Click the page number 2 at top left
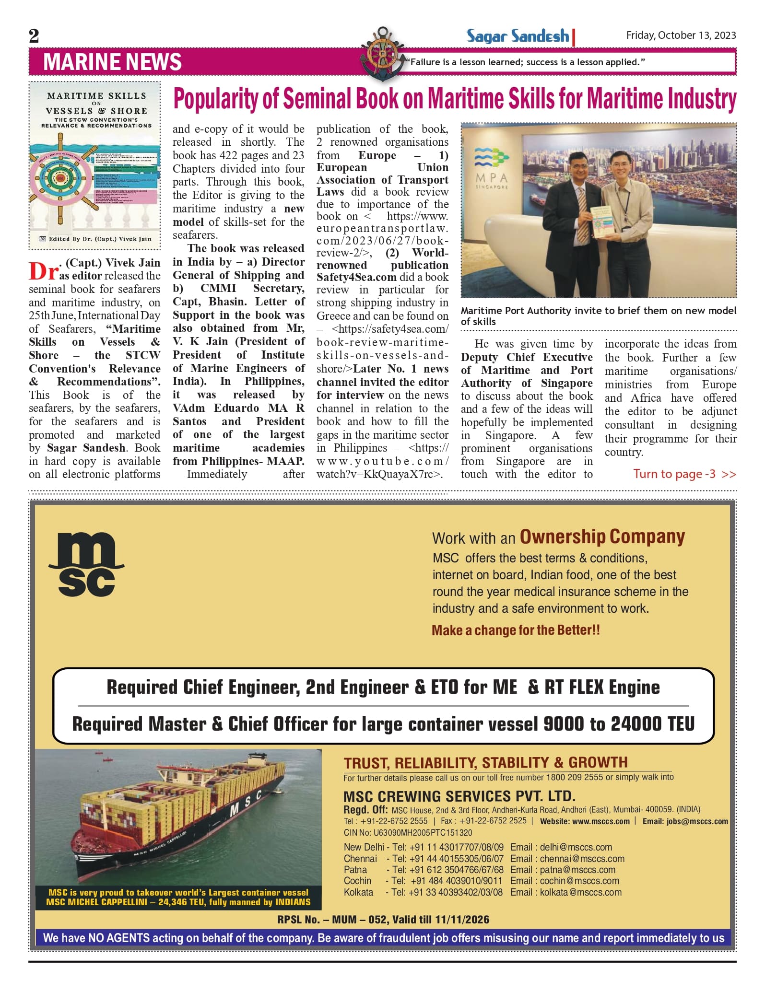(x=34, y=36)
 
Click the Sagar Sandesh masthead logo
(x=518, y=36)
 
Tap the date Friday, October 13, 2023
(x=681, y=35)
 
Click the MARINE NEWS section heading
(x=113, y=62)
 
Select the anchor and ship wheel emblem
(x=382, y=53)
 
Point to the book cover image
(x=94, y=165)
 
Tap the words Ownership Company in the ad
(x=602, y=537)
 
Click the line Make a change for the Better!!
(x=516, y=630)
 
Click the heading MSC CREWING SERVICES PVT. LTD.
(x=459, y=796)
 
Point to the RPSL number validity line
(x=383, y=920)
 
